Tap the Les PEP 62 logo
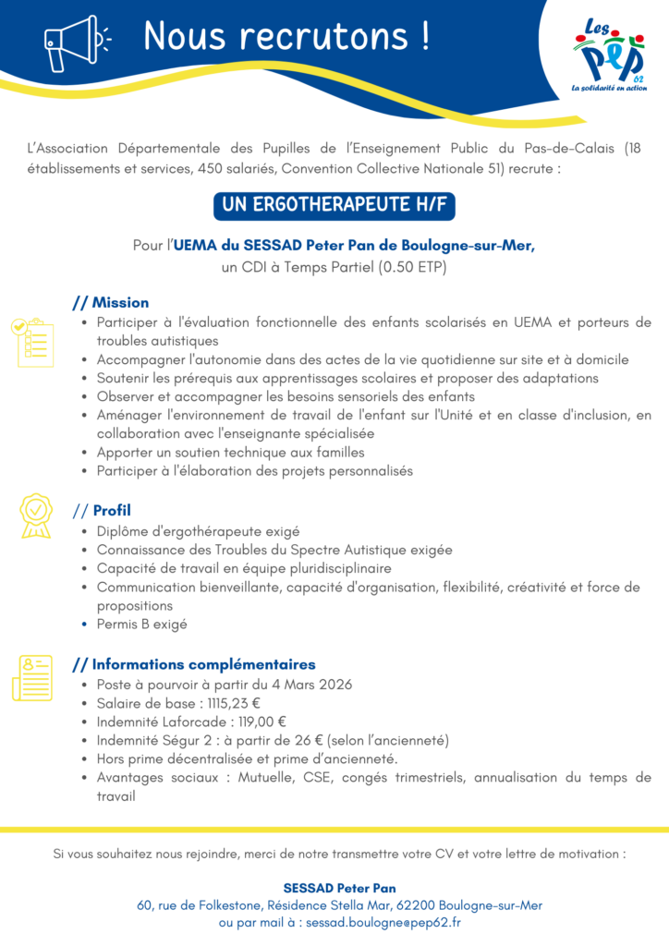point(609,56)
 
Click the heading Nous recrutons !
point(286,37)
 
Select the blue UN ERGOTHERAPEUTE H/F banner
point(334,205)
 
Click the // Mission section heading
point(111,303)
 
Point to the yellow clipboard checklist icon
point(32,342)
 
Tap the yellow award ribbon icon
point(35,515)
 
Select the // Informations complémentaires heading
point(194,664)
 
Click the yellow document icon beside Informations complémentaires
point(32,678)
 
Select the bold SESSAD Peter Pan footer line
point(334,888)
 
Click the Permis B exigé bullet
point(141,625)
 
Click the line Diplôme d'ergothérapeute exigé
point(198,531)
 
